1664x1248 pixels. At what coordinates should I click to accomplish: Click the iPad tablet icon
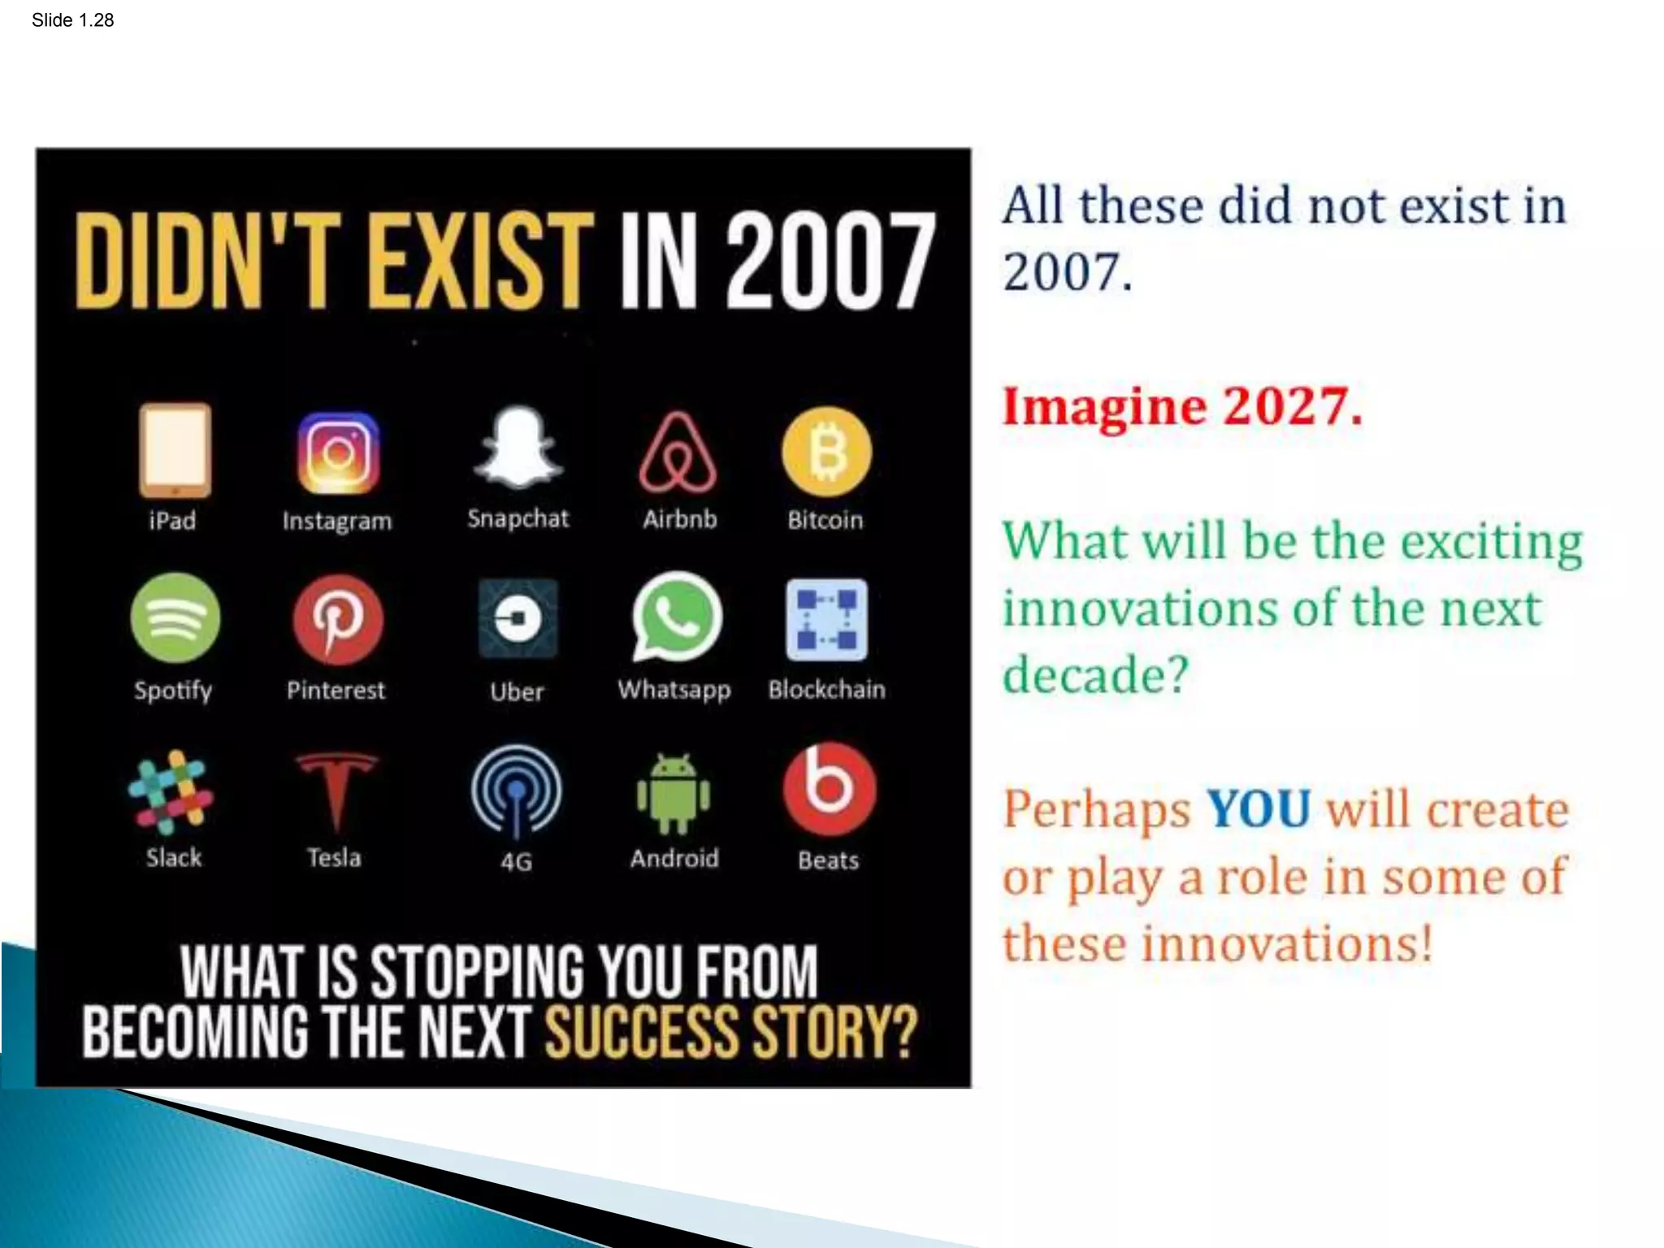click(x=175, y=450)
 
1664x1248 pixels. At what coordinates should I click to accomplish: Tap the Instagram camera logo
click(x=338, y=453)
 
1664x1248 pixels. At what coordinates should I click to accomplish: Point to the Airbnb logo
click(x=678, y=453)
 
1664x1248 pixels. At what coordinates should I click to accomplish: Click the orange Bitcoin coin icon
click(x=826, y=452)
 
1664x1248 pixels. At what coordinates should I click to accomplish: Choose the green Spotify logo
click(x=175, y=617)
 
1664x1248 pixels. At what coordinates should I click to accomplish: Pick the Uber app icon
click(x=518, y=618)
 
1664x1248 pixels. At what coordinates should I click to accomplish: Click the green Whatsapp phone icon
click(x=676, y=617)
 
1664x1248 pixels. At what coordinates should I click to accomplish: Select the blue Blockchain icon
click(x=826, y=619)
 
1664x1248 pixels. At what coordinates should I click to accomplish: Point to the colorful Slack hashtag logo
click(x=171, y=791)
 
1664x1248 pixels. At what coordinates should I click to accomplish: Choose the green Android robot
click(x=674, y=794)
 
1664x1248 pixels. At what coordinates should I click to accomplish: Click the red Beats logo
click(x=829, y=789)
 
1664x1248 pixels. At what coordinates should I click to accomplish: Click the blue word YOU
click(x=1258, y=809)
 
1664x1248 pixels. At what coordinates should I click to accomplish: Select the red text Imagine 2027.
click(x=1181, y=406)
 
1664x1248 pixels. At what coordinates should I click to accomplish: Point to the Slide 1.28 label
click(x=72, y=20)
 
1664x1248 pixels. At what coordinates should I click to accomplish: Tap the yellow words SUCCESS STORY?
click(x=730, y=1032)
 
